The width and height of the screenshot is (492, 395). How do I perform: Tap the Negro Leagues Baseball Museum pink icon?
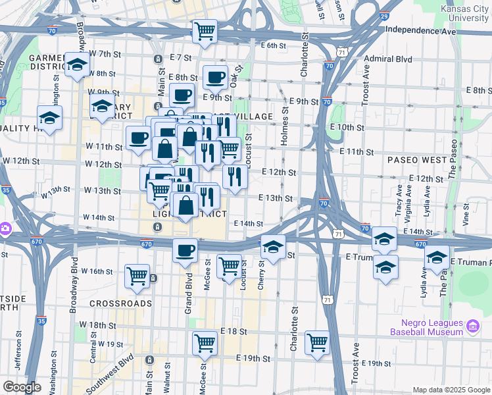tap(472, 326)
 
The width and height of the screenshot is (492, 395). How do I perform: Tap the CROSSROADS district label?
tap(121, 303)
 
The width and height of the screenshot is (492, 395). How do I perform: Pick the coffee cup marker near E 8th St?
tap(215, 78)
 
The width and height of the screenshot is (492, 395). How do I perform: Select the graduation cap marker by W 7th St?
tap(78, 65)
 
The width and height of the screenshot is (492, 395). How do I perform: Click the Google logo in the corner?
tap(22, 387)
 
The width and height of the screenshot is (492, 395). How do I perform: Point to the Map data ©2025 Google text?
tap(451, 390)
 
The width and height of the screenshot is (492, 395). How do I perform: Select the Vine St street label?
tap(466, 215)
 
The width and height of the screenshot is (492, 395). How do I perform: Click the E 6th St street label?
tap(274, 45)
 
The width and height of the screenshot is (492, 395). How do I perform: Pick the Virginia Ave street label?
tap(409, 200)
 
